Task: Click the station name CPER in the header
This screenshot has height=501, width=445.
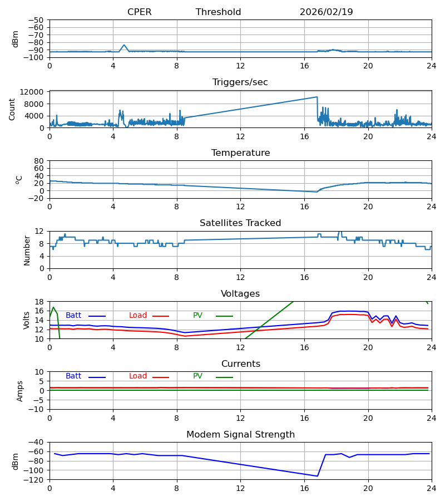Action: click(x=139, y=12)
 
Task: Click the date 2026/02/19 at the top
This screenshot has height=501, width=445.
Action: click(x=326, y=12)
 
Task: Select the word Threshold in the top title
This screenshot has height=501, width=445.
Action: click(x=218, y=12)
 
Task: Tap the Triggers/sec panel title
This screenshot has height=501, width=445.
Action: click(x=240, y=82)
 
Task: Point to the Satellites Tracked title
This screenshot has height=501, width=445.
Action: click(x=240, y=223)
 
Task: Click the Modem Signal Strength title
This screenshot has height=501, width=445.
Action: click(x=240, y=435)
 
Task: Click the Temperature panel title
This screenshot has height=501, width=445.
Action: click(x=240, y=153)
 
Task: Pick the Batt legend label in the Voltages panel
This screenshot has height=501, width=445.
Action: click(x=73, y=316)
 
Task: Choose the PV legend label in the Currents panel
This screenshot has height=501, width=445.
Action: click(x=197, y=376)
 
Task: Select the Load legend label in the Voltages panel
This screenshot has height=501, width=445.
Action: click(x=138, y=316)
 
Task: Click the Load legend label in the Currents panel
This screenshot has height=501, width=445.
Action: click(x=138, y=376)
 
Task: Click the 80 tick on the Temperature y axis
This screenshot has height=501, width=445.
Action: click(x=39, y=161)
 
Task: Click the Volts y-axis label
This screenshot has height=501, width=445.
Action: click(x=27, y=320)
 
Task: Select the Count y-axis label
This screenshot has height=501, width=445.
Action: click(x=12, y=109)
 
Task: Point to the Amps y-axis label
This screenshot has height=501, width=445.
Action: click(x=21, y=391)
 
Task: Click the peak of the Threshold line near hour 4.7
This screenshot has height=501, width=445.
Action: click(x=124, y=45)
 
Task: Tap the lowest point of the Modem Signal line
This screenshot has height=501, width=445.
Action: click(x=317, y=476)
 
